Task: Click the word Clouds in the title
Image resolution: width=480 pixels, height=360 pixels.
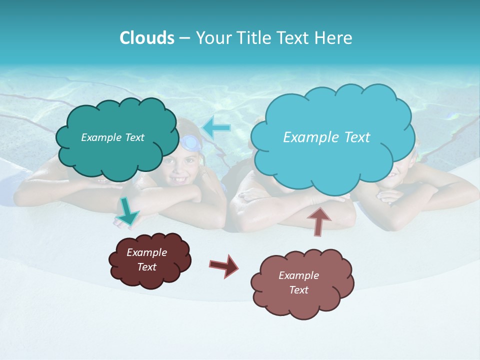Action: pyautogui.click(x=146, y=38)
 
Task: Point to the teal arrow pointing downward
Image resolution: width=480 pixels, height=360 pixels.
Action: pyautogui.click(x=127, y=211)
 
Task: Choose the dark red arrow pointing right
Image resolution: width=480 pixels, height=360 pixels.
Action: pyautogui.click(x=223, y=265)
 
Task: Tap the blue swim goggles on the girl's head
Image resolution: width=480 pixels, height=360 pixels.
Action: pyautogui.click(x=190, y=142)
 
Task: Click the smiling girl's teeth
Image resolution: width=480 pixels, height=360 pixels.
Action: pyautogui.click(x=178, y=179)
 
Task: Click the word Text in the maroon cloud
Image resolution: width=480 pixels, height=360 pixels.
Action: pyautogui.click(x=146, y=267)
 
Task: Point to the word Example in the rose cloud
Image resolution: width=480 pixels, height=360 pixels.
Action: pyautogui.click(x=298, y=275)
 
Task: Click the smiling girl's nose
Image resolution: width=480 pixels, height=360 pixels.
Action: pyautogui.click(x=178, y=168)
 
